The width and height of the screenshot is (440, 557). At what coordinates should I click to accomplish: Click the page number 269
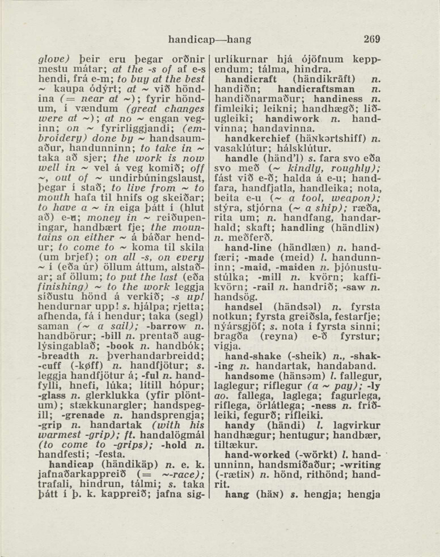point(372,40)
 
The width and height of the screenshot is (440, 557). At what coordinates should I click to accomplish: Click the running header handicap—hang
point(210,40)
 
